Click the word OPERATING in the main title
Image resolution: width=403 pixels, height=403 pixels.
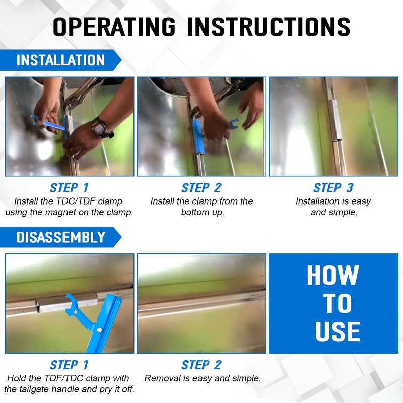(114, 27)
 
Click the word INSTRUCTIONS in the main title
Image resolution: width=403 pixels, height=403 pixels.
(268, 27)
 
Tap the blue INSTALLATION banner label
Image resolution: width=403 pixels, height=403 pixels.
(60, 60)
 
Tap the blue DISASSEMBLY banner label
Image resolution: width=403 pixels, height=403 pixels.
(61, 237)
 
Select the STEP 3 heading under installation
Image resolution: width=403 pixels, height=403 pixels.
(333, 188)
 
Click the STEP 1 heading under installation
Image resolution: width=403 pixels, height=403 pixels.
(69, 188)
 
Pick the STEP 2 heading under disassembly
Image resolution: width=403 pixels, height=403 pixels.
(201, 365)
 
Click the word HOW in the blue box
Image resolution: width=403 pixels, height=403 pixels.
(333, 275)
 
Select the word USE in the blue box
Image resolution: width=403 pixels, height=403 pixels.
(338, 331)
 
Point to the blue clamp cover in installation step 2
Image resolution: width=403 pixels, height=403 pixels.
(198, 136)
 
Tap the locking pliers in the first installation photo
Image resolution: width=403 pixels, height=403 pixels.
(80, 95)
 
